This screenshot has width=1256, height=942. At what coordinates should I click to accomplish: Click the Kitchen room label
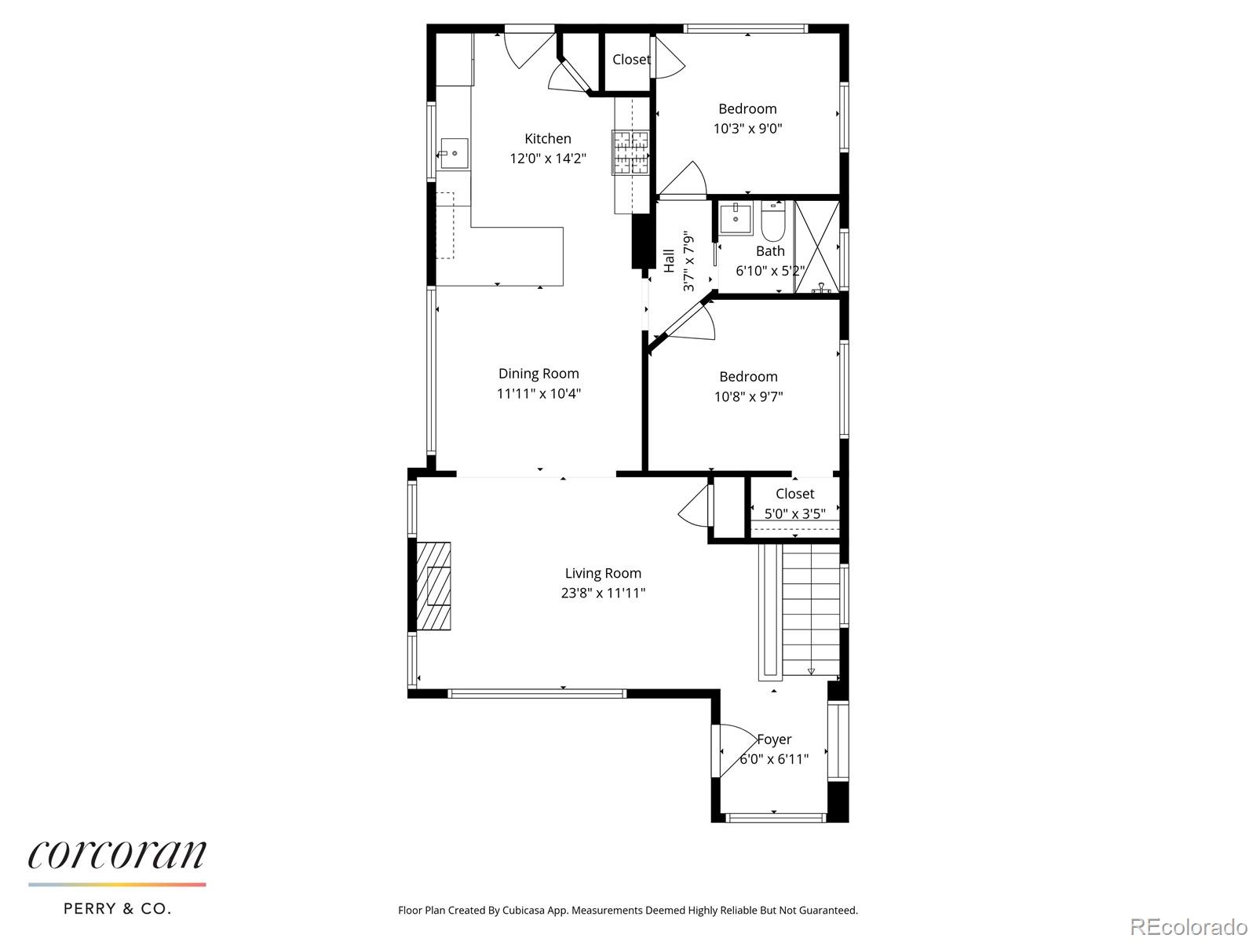click(547, 139)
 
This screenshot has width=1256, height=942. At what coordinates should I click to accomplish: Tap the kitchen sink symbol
click(454, 153)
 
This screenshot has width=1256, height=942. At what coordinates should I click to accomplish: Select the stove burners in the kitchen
click(631, 152)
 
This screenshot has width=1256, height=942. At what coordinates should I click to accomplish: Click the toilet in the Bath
click(772, 222)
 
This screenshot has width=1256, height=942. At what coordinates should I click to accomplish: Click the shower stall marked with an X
click(816, 246)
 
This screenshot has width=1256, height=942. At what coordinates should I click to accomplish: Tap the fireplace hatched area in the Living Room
click(433, 586)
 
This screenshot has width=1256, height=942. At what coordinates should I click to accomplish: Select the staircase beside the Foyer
click(811, 610)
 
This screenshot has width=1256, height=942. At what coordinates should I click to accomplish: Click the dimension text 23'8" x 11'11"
click(603, 593)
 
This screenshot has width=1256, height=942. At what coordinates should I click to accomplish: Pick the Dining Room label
click(539, 374)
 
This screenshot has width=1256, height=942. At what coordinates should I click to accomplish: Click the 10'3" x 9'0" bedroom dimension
click(747, 129)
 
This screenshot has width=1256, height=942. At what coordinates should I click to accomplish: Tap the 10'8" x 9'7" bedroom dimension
click(748, 397)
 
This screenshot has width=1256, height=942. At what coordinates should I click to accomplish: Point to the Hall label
click(670, 261)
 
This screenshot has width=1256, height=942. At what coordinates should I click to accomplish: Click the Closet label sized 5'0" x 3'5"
click(794, 494)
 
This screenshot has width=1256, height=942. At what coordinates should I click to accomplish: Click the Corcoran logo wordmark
click(118, 855)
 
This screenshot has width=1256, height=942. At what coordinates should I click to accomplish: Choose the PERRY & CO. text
click(117, 909)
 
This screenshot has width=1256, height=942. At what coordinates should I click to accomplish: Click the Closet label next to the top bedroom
click(631, 60)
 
